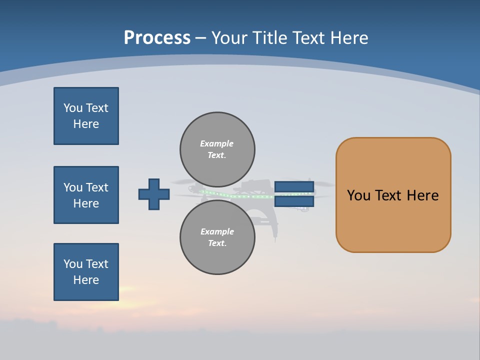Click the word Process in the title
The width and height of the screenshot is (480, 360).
coord(157,37)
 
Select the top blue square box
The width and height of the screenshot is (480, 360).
coord(86,116)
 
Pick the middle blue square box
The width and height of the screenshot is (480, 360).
coord(86,195)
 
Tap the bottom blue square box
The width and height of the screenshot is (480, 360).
coord(86,272)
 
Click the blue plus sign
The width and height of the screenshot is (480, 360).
coord(154,194)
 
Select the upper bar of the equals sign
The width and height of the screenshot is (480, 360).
coord(294,187)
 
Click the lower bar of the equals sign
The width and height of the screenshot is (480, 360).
coord(294,201)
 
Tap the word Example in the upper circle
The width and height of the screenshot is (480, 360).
coord(216,143)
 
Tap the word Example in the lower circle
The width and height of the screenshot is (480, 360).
coord(217,231)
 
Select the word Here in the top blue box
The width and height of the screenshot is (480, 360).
coord(86,124)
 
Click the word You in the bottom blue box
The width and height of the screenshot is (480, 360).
coord(72,264)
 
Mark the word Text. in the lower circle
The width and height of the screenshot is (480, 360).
coord(217,243)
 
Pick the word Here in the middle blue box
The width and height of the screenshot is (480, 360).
coord(86,203)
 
